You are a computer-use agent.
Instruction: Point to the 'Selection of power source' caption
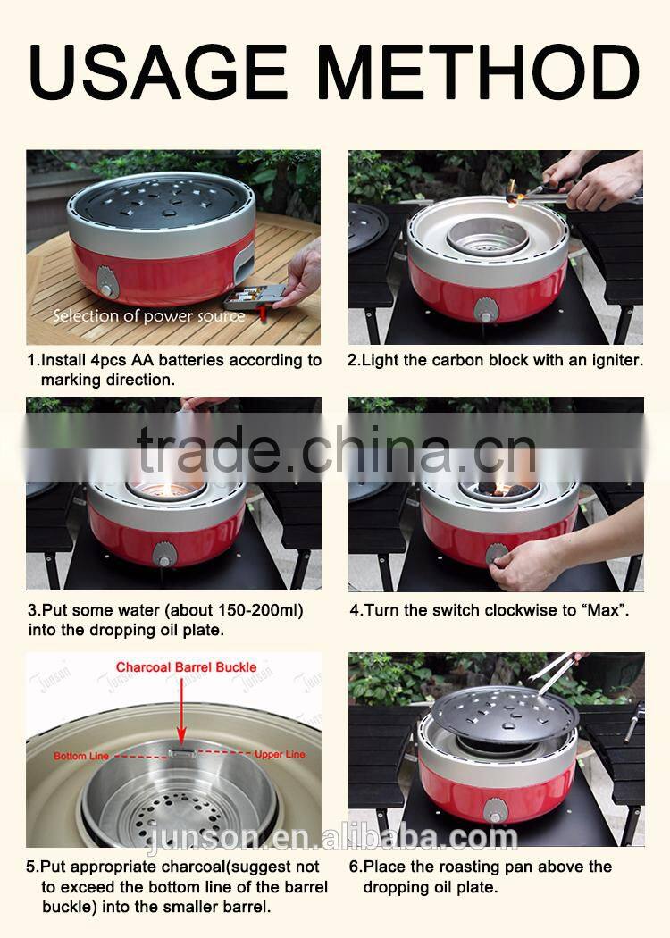tap(148, 315)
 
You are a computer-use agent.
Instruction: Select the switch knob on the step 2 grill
tap(486, 309)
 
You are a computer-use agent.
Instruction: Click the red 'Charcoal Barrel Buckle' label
tap(186, 667)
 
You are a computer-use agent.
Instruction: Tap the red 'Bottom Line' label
tap(81, 756)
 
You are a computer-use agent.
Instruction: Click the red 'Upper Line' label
tap(280, 754)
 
